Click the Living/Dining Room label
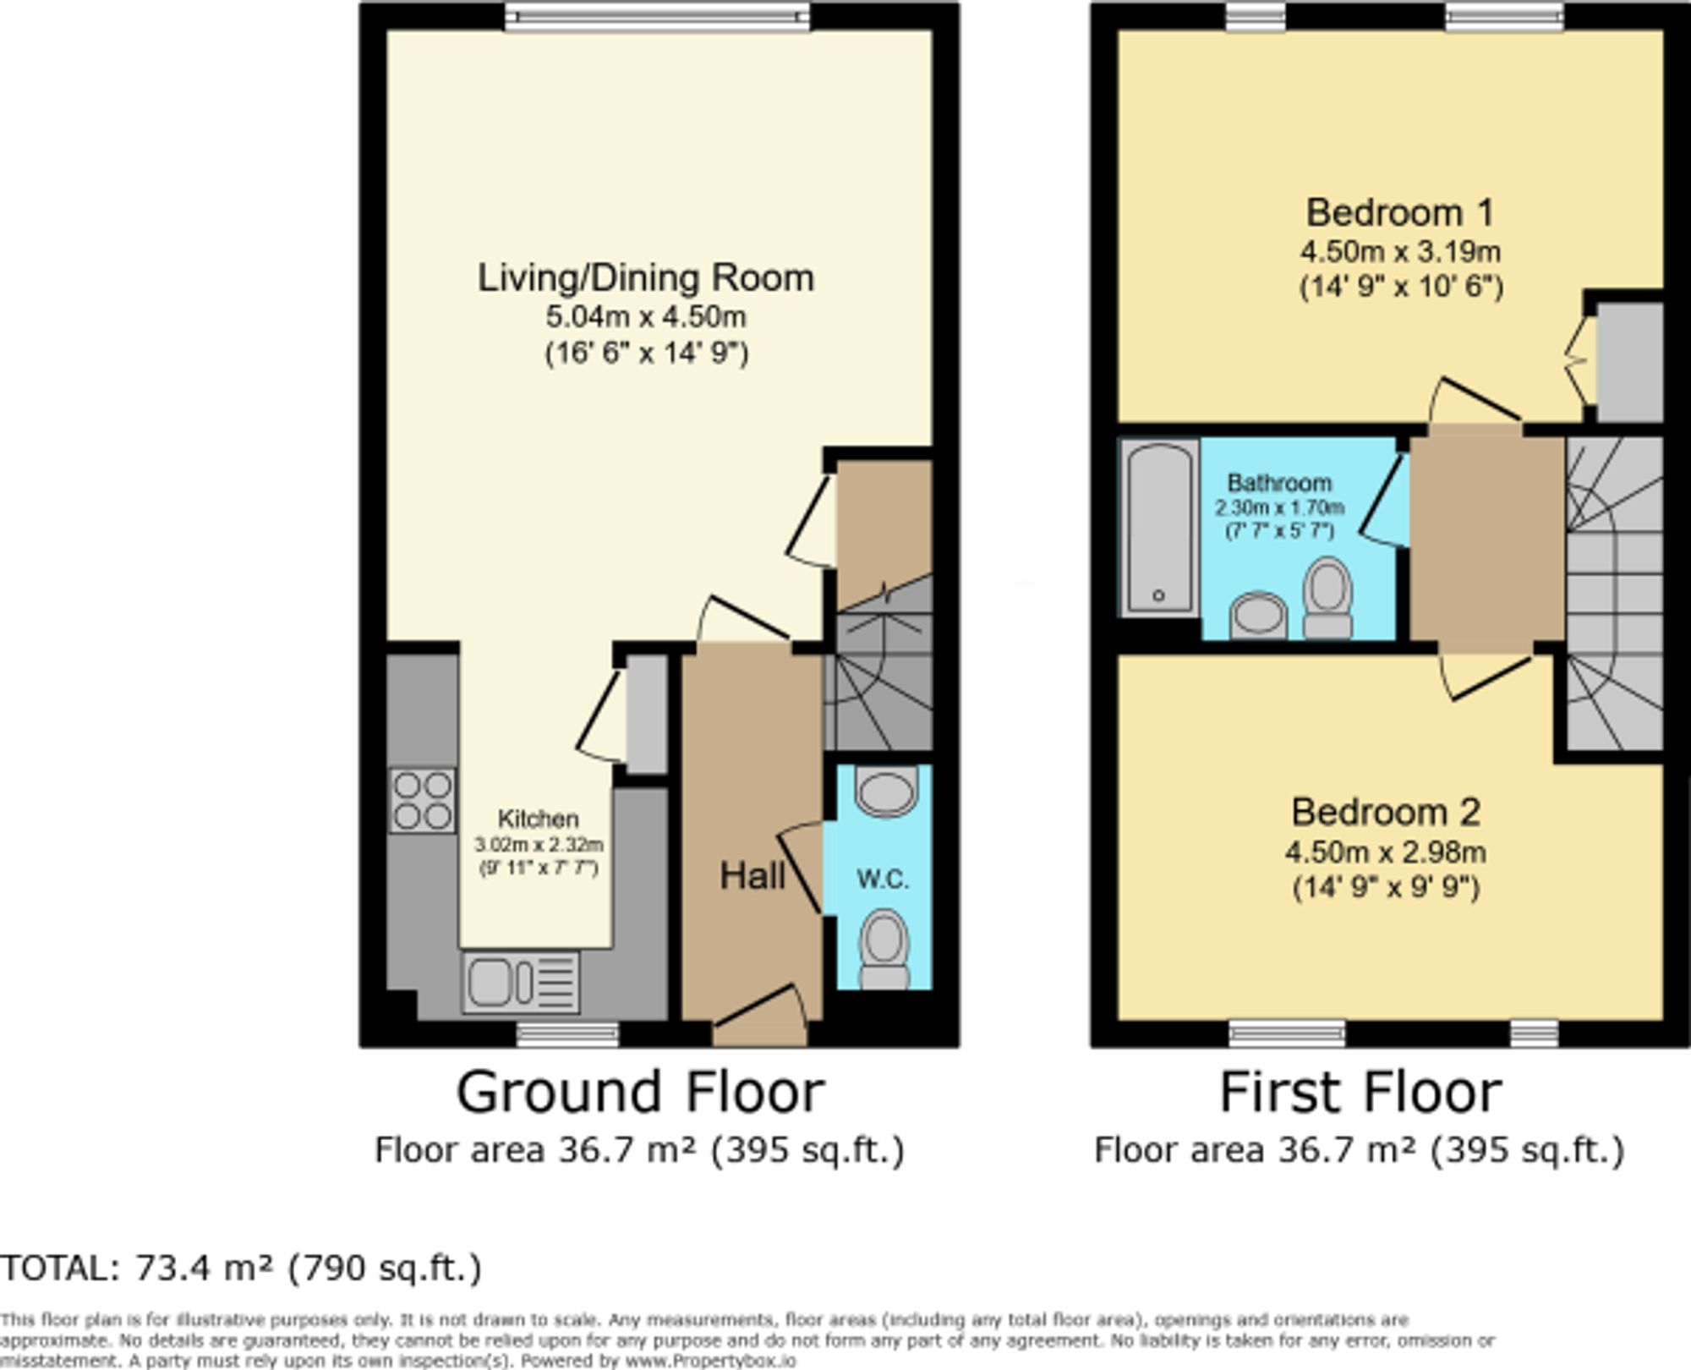[646, 278]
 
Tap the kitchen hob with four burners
[422, 800]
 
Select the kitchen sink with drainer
[521, 983]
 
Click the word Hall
[752, 876]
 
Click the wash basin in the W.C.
[886, 792]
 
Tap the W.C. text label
[883, 880]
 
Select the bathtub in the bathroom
[1159, 528]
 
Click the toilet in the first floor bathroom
[1327, 596]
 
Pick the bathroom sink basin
[1258, 615]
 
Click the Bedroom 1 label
[1399, 212]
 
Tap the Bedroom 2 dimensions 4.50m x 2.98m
[1386, 852]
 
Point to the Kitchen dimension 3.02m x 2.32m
[539, 845]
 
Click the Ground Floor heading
[640, 1092]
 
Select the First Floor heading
[1360, 1092]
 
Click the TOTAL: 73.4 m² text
[241, 1268]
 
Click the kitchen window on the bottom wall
[567, 1033]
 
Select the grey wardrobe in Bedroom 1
[1629, 362]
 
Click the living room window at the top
[657, 16]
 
